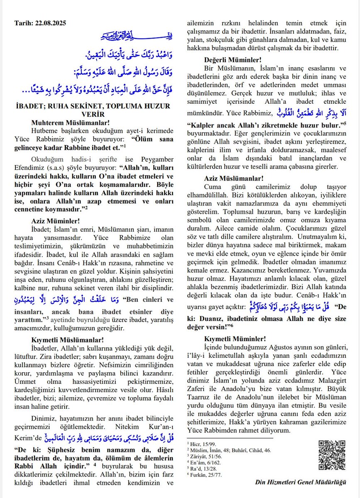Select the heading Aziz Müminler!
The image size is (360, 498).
[x=56, y=221]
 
